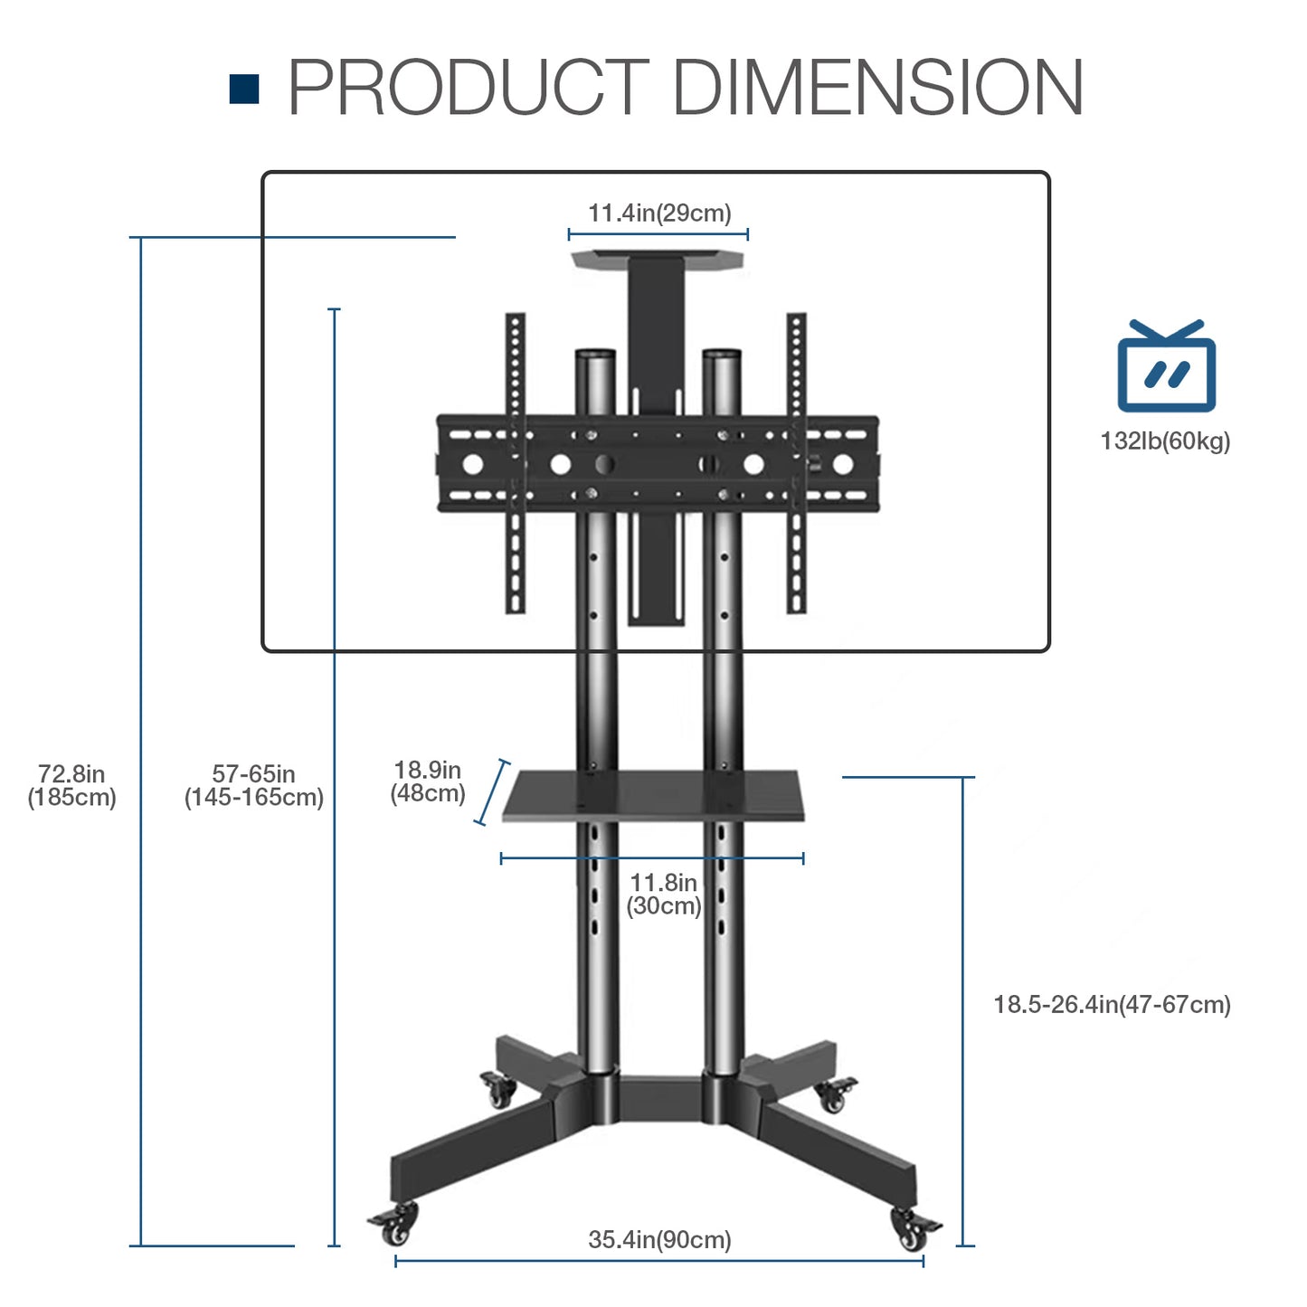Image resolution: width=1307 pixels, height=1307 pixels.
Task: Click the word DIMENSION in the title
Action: pos(877,88)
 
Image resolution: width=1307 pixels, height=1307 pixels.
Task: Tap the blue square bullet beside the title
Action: pos(244,89)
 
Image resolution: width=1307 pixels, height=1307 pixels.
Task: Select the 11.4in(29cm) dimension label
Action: pos(659,213)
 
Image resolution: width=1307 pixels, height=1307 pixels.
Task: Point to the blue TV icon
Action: pos(1166,366)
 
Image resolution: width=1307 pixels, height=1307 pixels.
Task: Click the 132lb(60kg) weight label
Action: pos(1165,441)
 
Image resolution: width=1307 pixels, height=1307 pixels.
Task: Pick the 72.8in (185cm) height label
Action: pos(71,785)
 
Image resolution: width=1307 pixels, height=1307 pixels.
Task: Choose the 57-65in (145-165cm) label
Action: pos(254,785)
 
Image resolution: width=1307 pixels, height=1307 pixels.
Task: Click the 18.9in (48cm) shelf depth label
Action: pos(428,781)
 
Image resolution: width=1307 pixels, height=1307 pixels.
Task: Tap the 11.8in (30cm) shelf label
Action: pos(664,894)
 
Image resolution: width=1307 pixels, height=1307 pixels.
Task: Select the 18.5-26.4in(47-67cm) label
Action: pos(1112,1005)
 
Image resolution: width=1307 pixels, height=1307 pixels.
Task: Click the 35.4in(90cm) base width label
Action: pos(659,1239)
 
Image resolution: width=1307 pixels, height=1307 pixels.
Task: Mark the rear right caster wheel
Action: pos(834,1095)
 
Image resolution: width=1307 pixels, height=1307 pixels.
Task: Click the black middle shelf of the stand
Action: pos(653,795)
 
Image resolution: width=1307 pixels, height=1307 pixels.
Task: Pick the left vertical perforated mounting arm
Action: pos(516,461)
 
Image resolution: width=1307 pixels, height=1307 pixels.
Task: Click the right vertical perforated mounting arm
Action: pos(796,461)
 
